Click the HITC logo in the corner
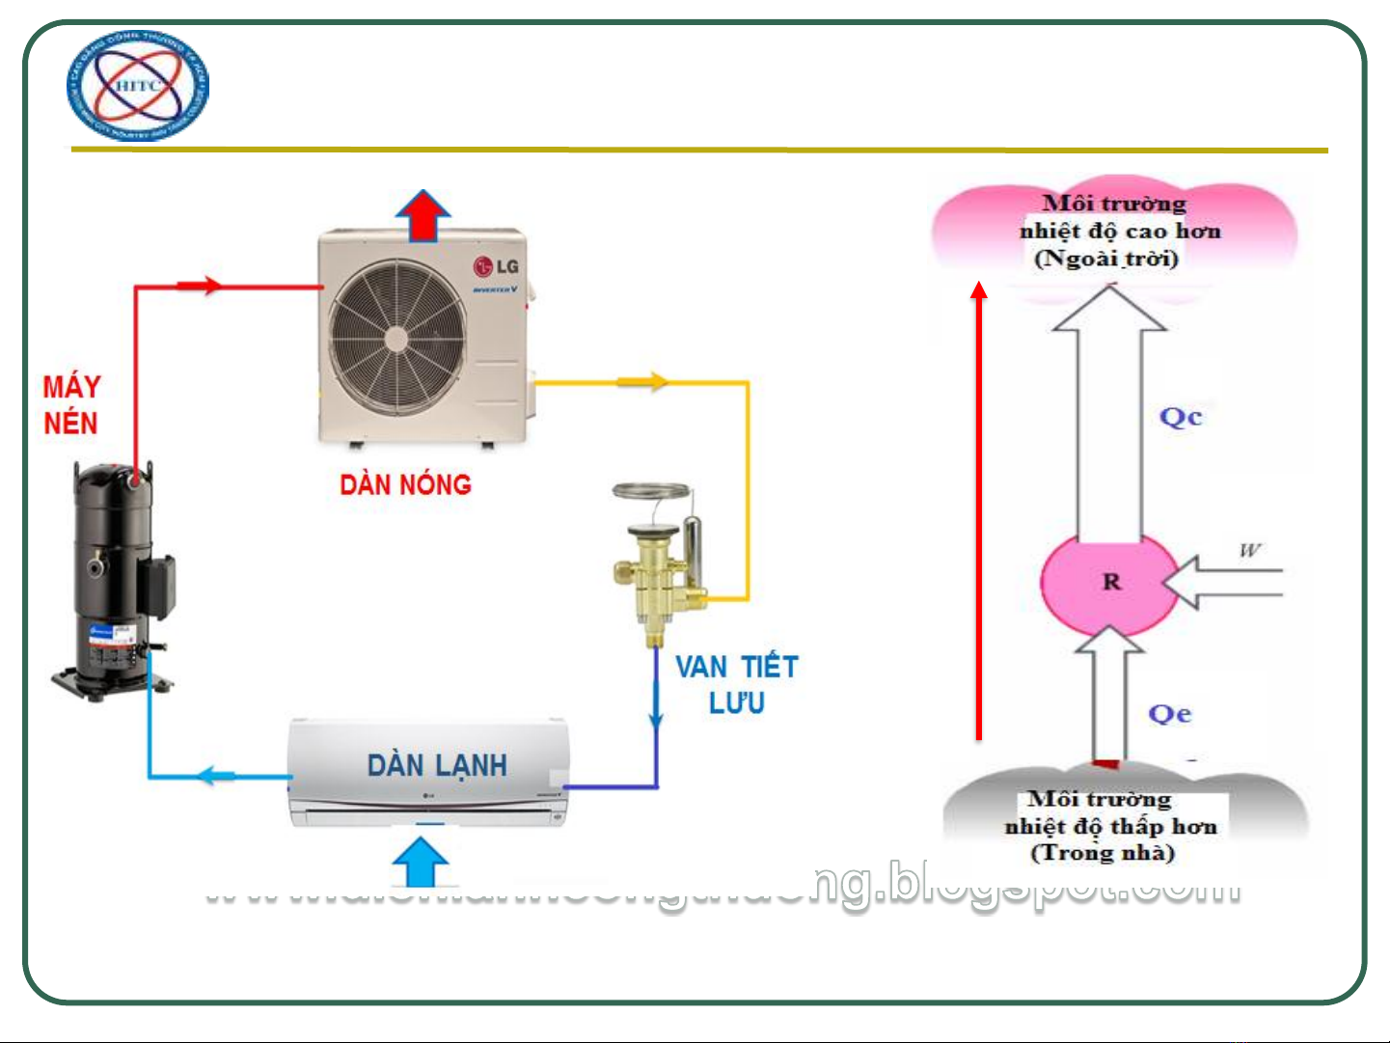click(x=137, y=87)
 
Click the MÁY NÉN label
click(x=70, y=405)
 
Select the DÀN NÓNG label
click(x=405, y=484)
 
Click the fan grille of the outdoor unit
click(x=396, y=339)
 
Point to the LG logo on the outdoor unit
click(x=496, y=266)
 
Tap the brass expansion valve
click(x=660, y=569)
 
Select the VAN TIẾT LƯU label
click(x=737, y=684)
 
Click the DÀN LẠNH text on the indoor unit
click(x=437, y=766)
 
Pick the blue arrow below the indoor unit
click(x=421, y=862)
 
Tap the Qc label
click(x=1181, y=417)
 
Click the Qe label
click(x=1170, y=714)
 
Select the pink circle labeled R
click(x=1109, y=581)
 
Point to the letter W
click(x=1250, y=550)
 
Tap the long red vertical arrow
click(x=979, y=511)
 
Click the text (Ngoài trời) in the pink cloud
click(x=1106, y=259)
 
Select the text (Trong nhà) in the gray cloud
click(x=1103, y=853)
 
